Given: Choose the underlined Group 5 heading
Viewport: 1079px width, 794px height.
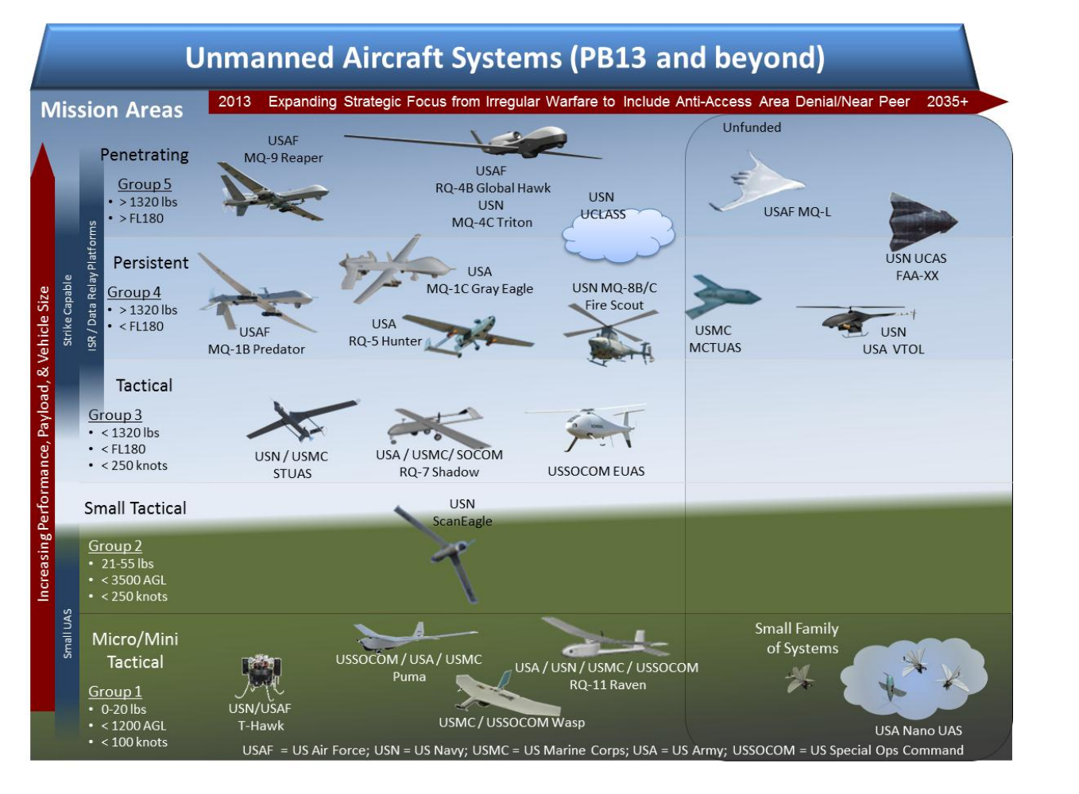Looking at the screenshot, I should click(x=145, y=184).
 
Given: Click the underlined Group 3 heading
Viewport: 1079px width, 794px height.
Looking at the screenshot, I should click(x=115, y=414).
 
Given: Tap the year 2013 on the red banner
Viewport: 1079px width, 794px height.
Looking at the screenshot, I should click(x=234, y=102).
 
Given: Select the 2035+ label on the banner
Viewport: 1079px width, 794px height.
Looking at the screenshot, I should click(x=947, y=102).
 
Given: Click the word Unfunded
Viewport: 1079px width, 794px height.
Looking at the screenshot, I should click(x=752, y=127).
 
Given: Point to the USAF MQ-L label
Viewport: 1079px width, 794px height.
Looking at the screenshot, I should click(x=797, y=212).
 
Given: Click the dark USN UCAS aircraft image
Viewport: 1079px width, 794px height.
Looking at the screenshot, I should click(x=920, y=221).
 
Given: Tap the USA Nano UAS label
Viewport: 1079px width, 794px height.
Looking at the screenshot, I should click(x=918, y=730).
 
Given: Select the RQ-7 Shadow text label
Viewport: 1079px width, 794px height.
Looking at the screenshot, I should click(x=439, y=472).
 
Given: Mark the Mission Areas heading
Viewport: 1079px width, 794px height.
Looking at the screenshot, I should click(x=112, y=110).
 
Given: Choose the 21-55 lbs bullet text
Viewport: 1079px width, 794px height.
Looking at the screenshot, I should click(x=127, y=564).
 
